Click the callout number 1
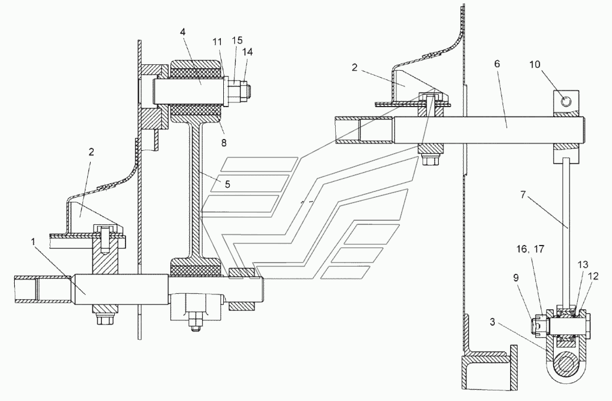coord(34,242)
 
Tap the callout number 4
coord(183,32)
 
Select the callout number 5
coord(227,184)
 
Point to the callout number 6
coord(497,64)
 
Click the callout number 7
coord(524,194)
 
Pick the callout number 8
coord(224,142)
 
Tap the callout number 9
coord(515,278)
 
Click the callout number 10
coord(535,64)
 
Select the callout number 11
coord(217,41)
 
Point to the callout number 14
coord(247,52)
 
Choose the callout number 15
coord(237,40)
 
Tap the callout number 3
coord(492,323)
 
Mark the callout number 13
coord(583,265)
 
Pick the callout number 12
coord(593,276)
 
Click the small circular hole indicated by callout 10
coord(566,101)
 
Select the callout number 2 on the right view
coord(354,68)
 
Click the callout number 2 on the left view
coord(91,152)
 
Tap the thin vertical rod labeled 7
coord(566,231)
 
